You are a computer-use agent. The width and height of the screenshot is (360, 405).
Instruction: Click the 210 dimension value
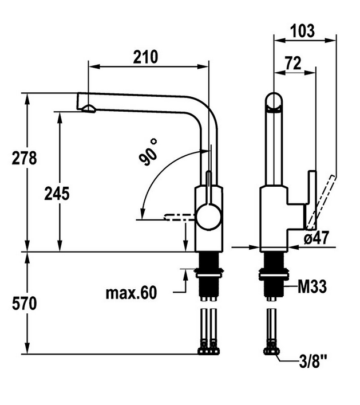point(146,57)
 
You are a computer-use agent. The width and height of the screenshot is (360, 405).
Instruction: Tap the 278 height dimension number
point(25,158)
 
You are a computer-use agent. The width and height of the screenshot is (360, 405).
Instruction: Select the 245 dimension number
point(57,194)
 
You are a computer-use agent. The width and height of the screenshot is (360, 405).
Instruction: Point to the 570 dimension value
point(25,304)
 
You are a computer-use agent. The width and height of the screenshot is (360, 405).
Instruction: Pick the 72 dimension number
point(293,64)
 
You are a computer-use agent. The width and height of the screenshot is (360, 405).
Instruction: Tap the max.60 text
point(130,293)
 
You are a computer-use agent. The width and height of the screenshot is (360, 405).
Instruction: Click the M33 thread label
point(312,286)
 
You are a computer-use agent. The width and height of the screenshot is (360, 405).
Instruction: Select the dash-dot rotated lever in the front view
point(179,217)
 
